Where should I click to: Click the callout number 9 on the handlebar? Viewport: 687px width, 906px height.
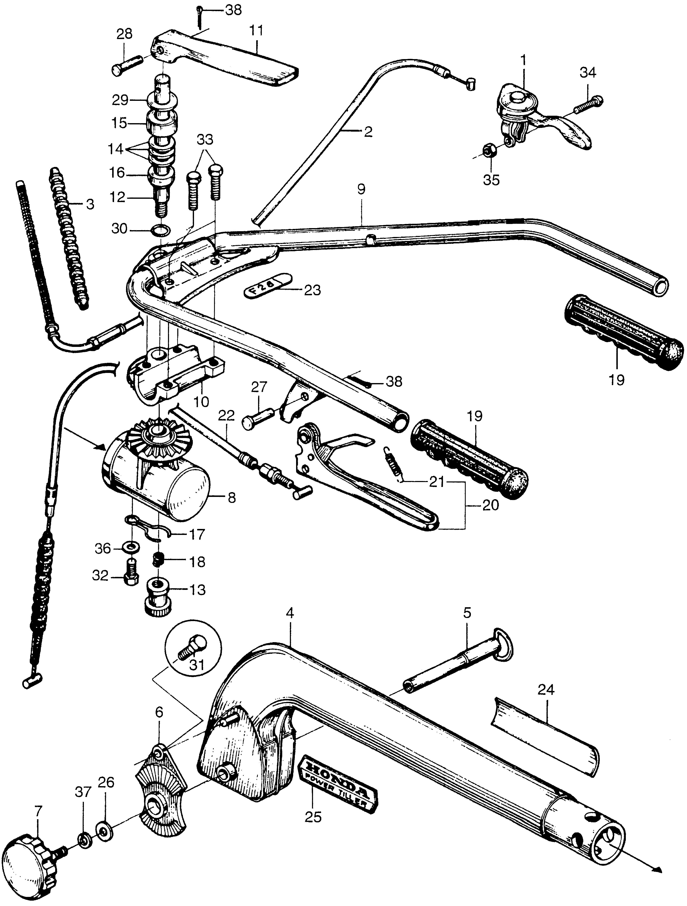[361, 190]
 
